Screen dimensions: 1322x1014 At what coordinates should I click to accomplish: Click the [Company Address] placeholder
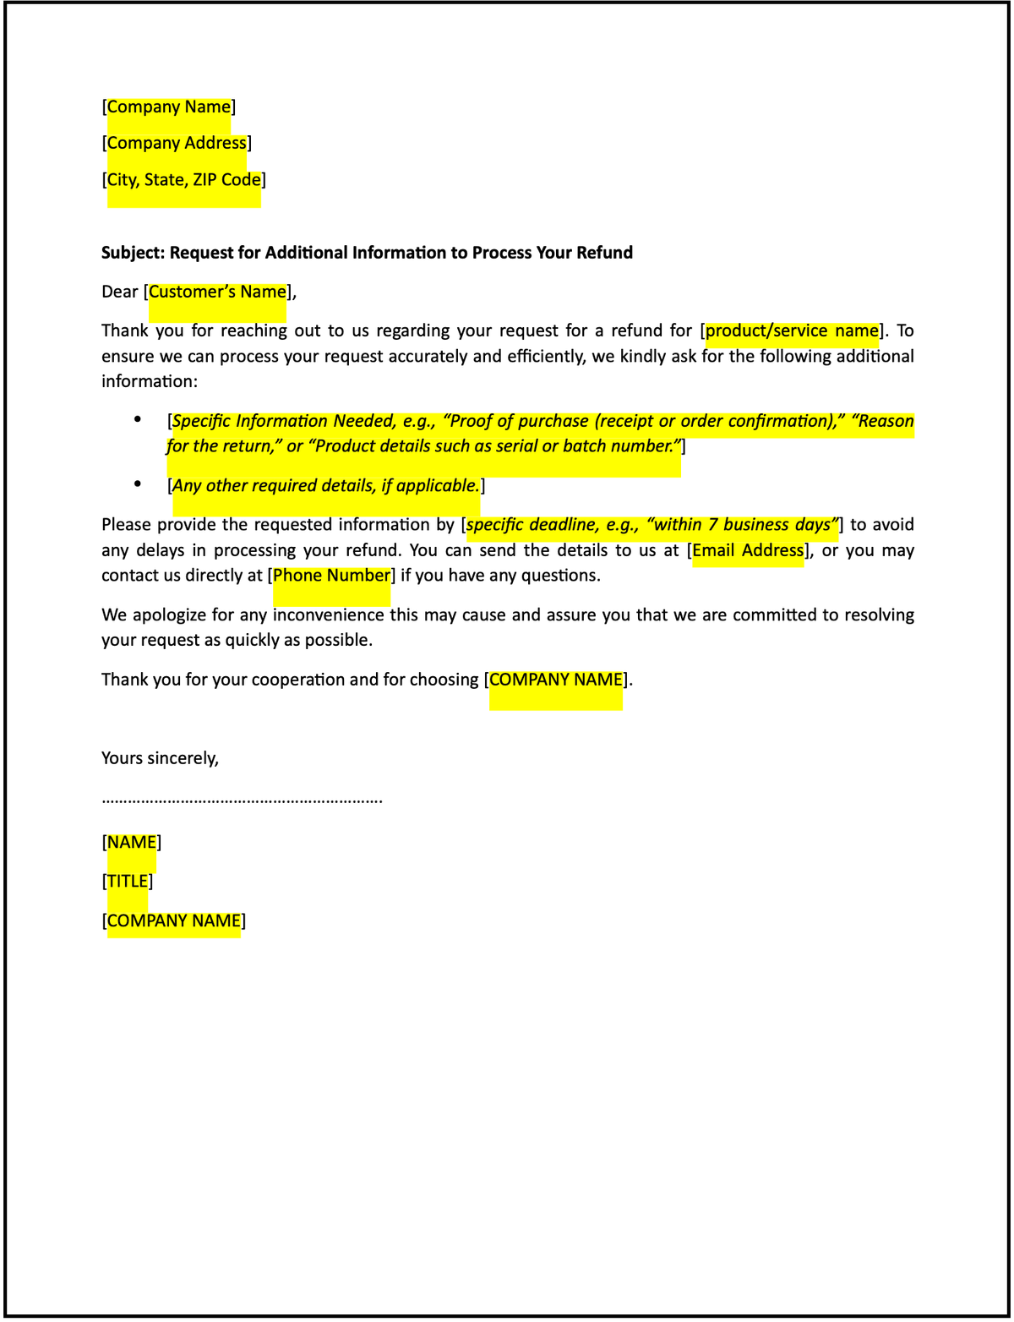point(177,143)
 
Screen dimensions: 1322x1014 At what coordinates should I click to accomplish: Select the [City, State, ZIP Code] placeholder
point(183,179)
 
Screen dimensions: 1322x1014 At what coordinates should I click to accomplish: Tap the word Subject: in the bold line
point(133,253)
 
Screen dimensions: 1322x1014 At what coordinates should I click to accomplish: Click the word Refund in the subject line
point(604,253)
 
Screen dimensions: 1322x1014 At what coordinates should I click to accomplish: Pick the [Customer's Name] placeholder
point(217,292)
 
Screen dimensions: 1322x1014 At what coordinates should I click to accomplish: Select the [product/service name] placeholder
point(792,330)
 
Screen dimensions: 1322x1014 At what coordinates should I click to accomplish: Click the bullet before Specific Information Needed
point(138,419)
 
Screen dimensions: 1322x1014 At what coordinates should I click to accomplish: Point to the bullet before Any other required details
point(138,483)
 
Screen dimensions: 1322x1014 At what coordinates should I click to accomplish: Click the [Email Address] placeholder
point(748,550)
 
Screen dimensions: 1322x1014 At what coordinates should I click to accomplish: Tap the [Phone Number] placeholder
point(331,576)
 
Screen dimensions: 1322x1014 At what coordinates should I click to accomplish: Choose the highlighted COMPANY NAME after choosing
point(556,680)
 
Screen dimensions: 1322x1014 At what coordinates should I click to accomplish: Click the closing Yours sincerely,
point(160,758)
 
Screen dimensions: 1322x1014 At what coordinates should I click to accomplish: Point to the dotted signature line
point(242,800)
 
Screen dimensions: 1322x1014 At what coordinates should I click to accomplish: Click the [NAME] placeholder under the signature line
point(132,843)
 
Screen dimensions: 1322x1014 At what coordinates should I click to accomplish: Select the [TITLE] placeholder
point(128,882)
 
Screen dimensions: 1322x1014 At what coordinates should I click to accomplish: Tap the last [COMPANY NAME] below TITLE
point(174,920)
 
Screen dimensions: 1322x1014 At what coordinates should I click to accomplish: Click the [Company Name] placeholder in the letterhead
point(169,107)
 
